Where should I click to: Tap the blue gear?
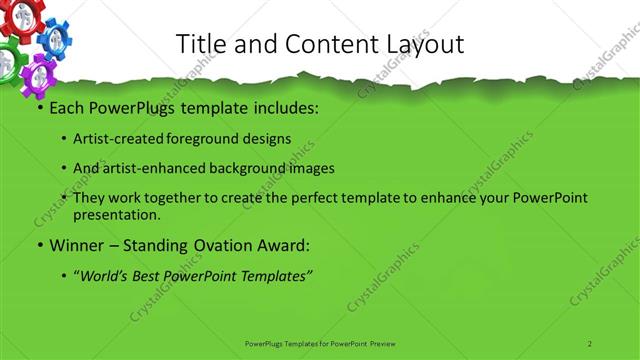53,39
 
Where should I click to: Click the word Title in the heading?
201,44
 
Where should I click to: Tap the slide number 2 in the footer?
589,343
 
